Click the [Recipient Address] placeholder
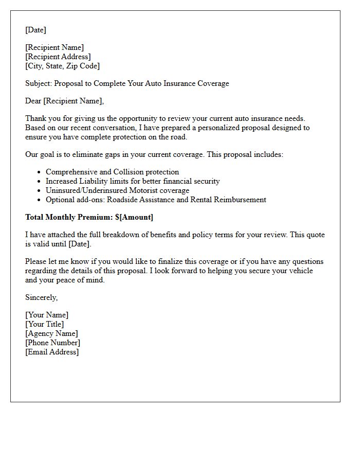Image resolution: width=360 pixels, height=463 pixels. tap(58, 57)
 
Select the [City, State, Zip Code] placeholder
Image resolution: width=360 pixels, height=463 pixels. tap(62, 66)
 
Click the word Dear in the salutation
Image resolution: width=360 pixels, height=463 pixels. tap(33, 101)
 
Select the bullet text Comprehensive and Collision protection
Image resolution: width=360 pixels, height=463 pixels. tap(112, 172)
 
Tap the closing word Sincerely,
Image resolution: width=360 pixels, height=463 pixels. tap(42, 297)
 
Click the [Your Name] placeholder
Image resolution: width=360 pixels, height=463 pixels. tap(47, 315)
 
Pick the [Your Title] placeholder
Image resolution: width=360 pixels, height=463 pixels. tap(45, 324)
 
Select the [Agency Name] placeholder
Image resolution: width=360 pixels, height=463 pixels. tap(51, 333)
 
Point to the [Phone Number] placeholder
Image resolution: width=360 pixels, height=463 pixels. tap(52, 343)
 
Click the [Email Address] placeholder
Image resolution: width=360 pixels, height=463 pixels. tap(52, 352)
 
